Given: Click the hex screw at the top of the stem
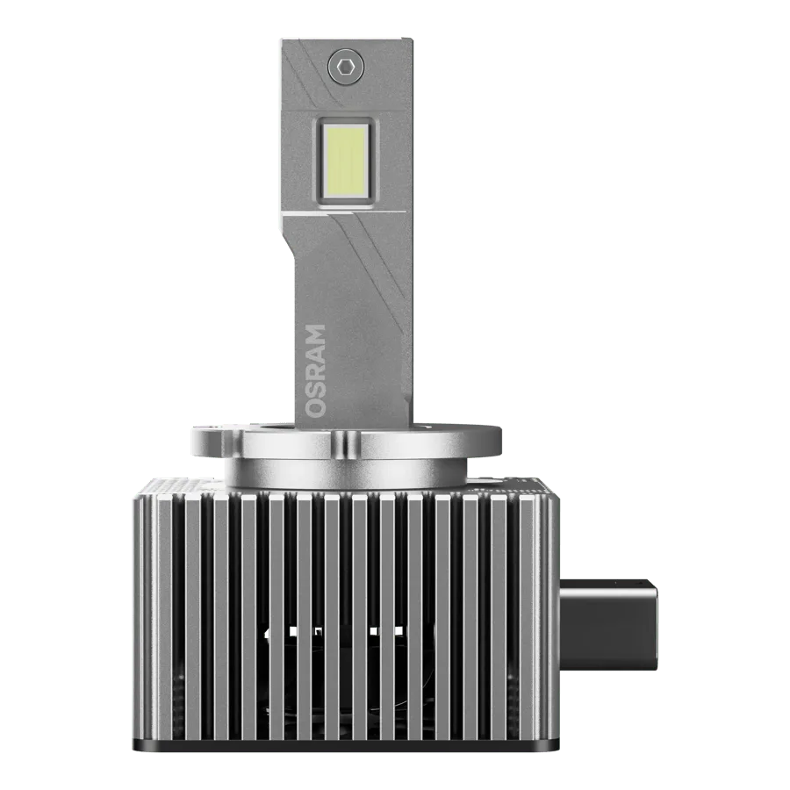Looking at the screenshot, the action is tap(346, 66).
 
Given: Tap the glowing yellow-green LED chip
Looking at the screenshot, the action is tap(346, 161).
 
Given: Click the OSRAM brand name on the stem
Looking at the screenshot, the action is tap(315, 370).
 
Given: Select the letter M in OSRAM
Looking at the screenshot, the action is tap(315, 334).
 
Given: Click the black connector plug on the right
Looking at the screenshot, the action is tap(608, 625).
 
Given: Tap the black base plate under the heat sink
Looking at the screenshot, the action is tap(346, 745).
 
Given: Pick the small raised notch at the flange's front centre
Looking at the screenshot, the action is tap(341, 442).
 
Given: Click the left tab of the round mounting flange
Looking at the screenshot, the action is tap(212, 440).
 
